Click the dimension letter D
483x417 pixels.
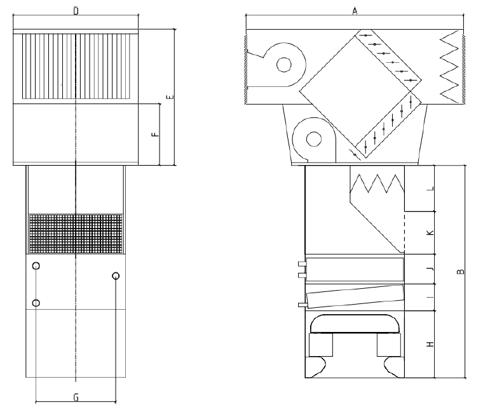76,11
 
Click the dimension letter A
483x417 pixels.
355,11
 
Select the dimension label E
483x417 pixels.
170,97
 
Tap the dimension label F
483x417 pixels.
156,134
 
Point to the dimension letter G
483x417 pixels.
76,397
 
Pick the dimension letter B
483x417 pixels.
460,272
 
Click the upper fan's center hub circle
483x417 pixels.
284,65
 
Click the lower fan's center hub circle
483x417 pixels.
314,139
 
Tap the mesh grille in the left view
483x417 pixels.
76,234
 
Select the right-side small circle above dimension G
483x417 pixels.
116,275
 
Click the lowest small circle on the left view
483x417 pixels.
36,303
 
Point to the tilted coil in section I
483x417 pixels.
355,296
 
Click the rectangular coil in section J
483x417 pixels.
355,269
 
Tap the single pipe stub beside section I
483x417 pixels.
302,305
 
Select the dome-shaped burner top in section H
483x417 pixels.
355,324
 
